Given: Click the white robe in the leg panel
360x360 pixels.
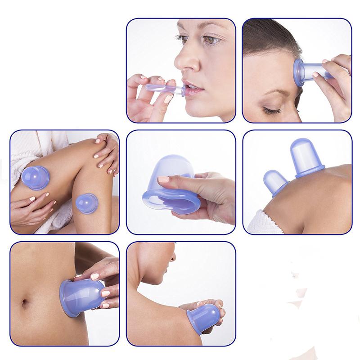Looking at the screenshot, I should click(x=27, y=151).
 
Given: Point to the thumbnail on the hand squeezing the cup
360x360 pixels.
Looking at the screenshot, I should click(x=163, y=180).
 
